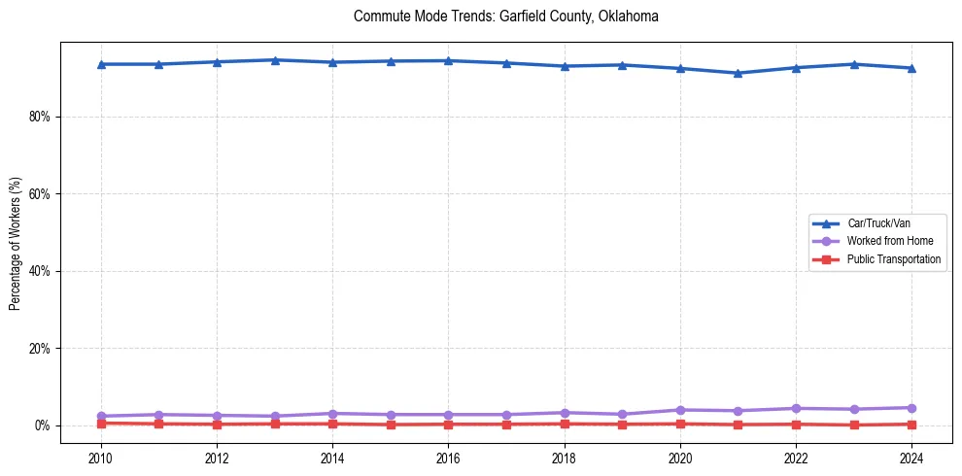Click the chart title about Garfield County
(x=506, y=17)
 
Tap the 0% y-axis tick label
(x=42, y=425)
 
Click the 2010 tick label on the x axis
(x=100, y=458)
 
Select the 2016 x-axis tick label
(x=448, y=458)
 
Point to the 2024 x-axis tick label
(x=911, y=458)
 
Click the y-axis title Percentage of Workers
(x=16, y=244)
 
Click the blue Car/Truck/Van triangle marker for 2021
(x=738, y=73)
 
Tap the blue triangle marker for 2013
(x=275, y=60)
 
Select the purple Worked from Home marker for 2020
(x=680, y=410)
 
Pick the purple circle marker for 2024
(x=911, y=408)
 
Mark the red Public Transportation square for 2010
(x=100, y=423)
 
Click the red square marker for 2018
(x=565, y=424)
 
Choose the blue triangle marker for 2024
(x=911, y=68)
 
